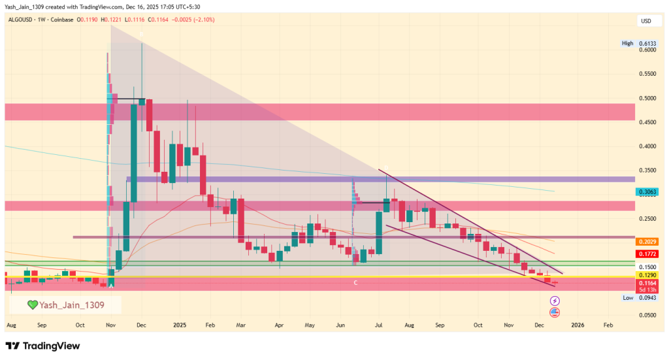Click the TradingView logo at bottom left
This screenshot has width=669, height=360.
point(42,346)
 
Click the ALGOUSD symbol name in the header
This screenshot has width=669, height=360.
point(22,20)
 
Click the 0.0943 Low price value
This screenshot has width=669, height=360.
point(645,297)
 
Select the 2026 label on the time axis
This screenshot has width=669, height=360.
point(577,324)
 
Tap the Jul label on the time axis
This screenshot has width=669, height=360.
point(379,324)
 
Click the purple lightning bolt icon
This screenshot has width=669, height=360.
point(555,300)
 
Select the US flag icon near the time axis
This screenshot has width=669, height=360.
point(555,312)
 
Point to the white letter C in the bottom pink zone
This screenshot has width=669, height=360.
point(355,282)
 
